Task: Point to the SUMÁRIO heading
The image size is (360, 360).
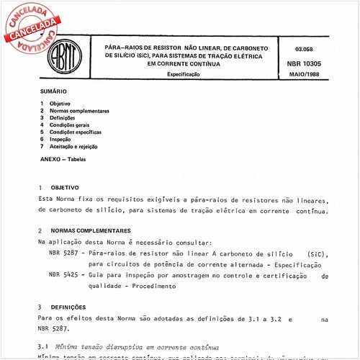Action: tap(53, 93)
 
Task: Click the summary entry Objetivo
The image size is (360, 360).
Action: tap(60, 104)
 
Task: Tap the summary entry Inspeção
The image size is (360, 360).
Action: tap(61, 140)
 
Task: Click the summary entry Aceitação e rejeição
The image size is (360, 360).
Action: tap(76, 147)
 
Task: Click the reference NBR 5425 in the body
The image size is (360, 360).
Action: tap(64, 276)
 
